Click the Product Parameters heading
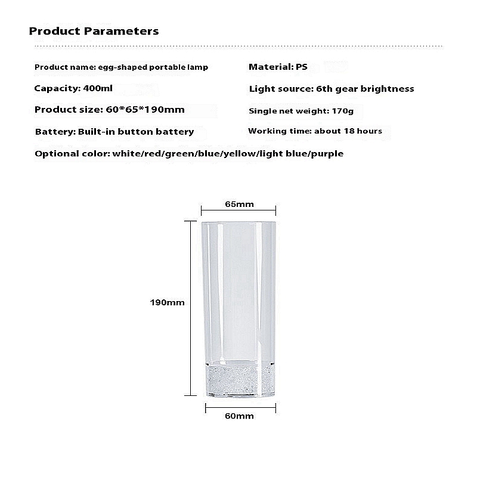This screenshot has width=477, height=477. [x=94, y=30]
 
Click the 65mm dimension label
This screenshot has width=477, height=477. [x=239, y=204]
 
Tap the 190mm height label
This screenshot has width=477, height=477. [x=167, y=302]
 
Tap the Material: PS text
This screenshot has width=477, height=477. [x=278, y=67]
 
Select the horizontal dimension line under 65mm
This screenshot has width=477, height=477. [x=238, y=210]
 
